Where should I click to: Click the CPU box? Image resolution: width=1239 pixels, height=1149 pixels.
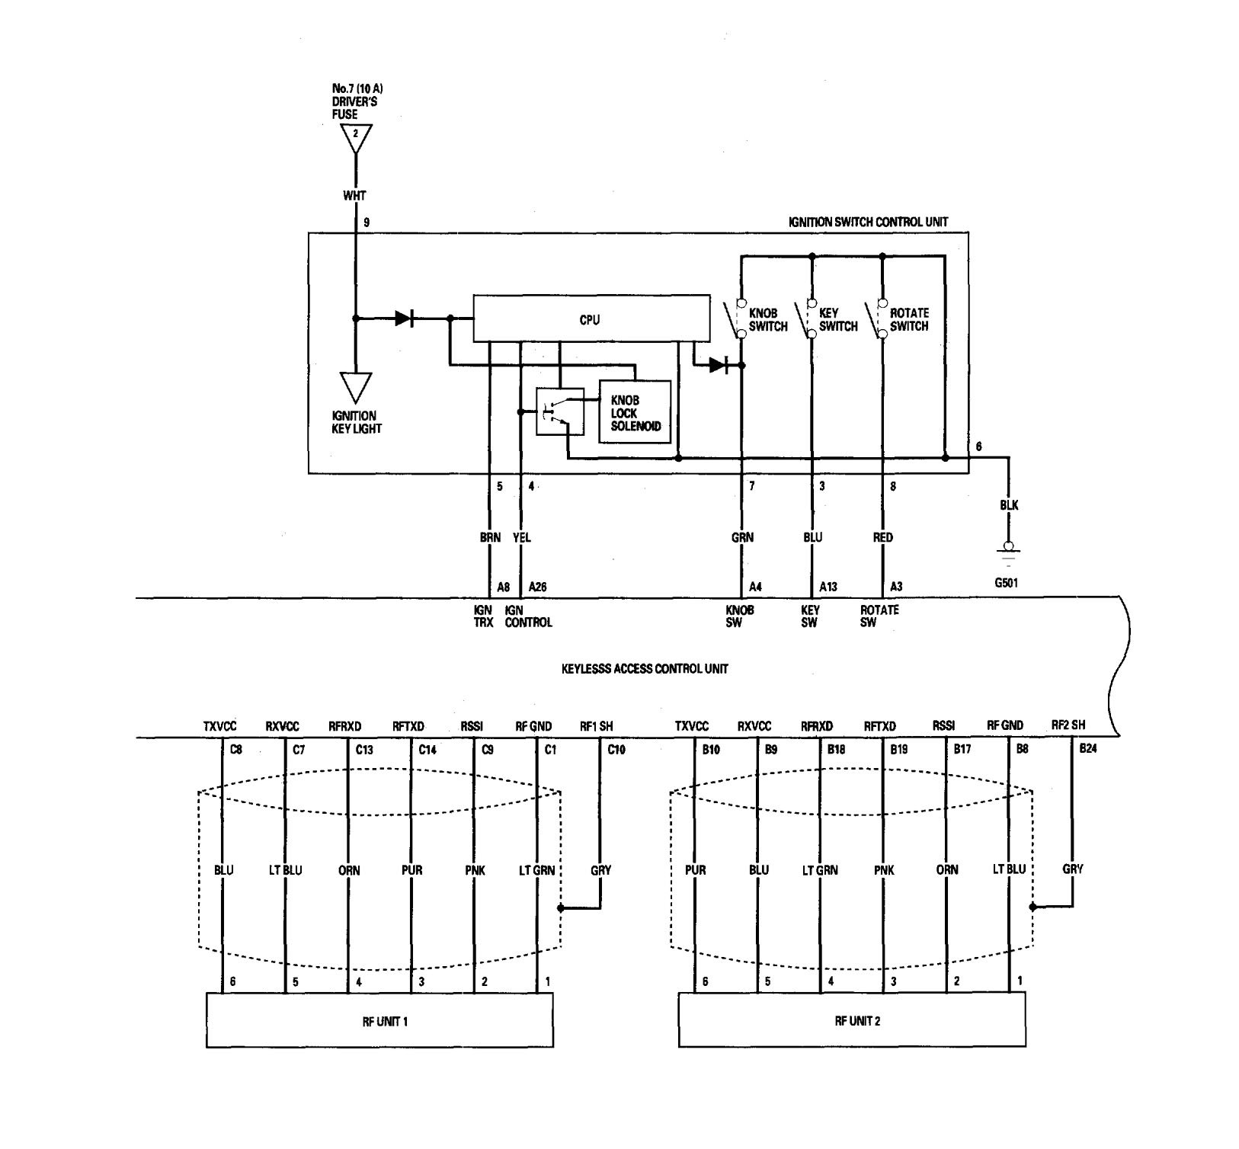[x=588, y=318]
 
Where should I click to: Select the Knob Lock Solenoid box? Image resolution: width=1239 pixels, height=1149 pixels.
[x=636, y=412]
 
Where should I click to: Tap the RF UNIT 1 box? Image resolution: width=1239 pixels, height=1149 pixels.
[x=379, y=1020]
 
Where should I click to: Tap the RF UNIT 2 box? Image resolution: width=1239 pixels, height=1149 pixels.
[x=851, y=1020]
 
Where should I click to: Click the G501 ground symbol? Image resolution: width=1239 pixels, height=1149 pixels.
[x=1009, y=552]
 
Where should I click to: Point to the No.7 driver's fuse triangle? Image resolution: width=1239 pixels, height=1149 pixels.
[x=356, y=139]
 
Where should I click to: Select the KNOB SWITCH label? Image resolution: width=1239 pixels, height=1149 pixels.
[x=768, y=320]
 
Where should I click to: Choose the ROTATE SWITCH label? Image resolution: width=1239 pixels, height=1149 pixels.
[x=909, y=320]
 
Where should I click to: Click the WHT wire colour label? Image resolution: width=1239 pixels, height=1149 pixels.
[x=354, y=196]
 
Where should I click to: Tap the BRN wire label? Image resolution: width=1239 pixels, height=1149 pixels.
[x=490, y=538]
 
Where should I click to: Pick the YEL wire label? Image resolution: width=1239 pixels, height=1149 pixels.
[x=522, y=538]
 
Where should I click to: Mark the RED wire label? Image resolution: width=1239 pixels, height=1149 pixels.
[x=882, y=538]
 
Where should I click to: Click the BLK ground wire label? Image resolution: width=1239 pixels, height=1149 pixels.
[x=1009, y=505]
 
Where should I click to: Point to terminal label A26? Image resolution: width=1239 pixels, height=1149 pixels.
[x=537, y=587]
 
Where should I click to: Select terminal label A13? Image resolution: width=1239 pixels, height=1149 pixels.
[x=828, y=587]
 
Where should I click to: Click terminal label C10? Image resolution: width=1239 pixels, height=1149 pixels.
[x=616, y=750]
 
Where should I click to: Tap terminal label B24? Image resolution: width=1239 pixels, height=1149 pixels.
[x=1088, y=750]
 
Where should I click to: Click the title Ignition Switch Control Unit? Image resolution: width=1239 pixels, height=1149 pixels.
[x=868, y=222]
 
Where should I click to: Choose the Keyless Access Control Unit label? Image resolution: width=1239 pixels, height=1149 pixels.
[x=644, y=669]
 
